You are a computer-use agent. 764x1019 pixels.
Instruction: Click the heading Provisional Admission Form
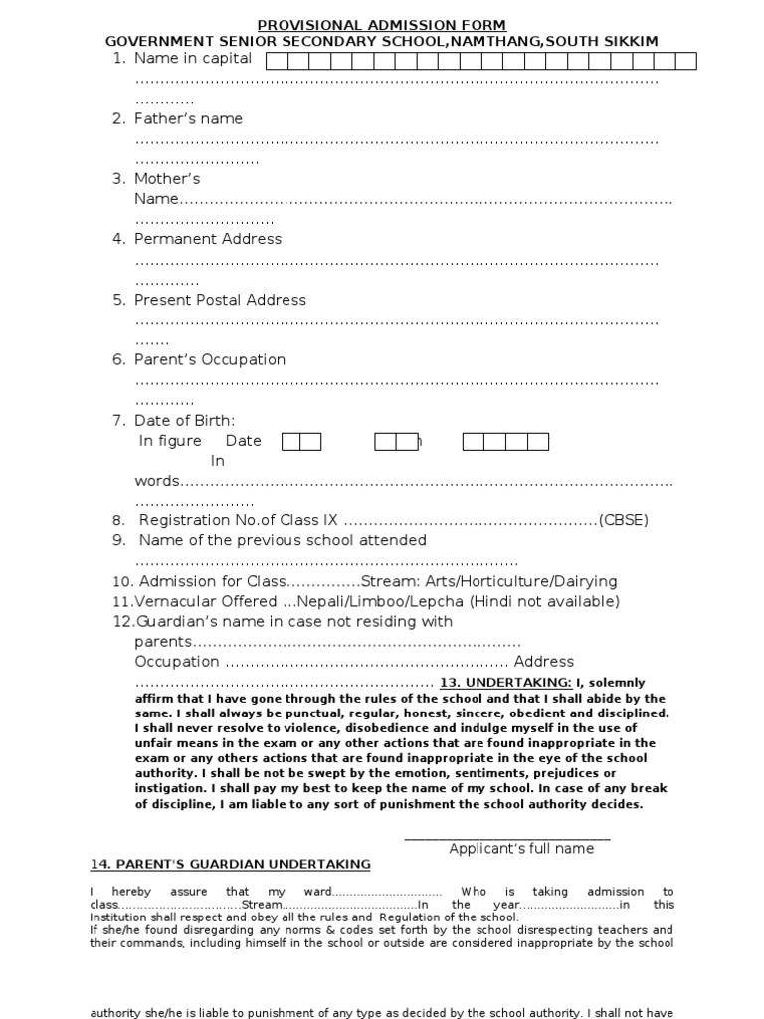(x=382, y=25)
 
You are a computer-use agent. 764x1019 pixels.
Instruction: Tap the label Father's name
(x=188, y=118)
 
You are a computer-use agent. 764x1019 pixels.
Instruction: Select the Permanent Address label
(x=208, y=239)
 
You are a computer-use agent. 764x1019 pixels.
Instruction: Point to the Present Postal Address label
(x=220, y=300)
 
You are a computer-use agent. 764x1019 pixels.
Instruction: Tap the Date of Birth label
(x=187, y=421)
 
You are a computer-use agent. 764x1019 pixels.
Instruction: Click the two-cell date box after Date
(x=301, y=441)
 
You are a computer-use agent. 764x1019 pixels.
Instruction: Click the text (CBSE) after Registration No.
(x=623, y=520)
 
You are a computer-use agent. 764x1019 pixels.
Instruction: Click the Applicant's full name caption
(x=521, y=849)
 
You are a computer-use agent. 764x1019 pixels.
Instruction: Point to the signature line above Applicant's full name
(x=507, y=838)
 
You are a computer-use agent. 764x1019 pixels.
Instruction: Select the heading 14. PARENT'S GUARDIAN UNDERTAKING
(x=230, y=864)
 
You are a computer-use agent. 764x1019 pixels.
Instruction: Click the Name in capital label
(x=193, y=59)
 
